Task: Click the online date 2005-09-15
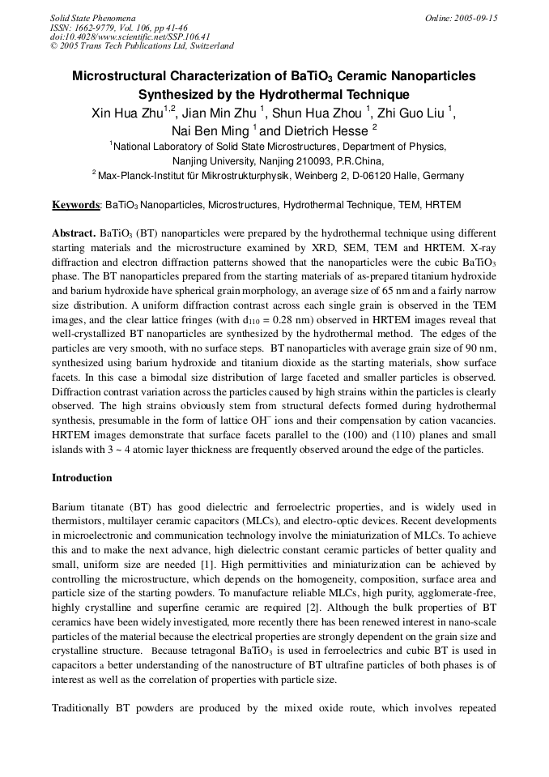pos(474,18)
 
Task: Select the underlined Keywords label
pos(76,206)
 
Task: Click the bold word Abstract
pos(74,232)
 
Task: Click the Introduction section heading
pos(82,478)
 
